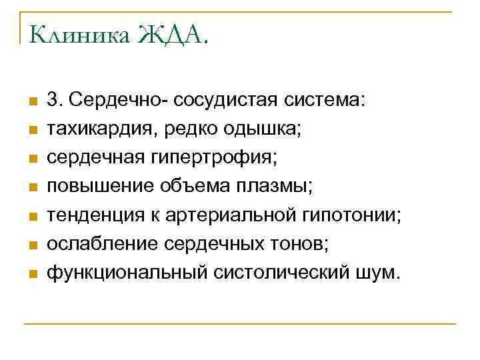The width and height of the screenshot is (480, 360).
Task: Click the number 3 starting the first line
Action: tap(52, 101)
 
